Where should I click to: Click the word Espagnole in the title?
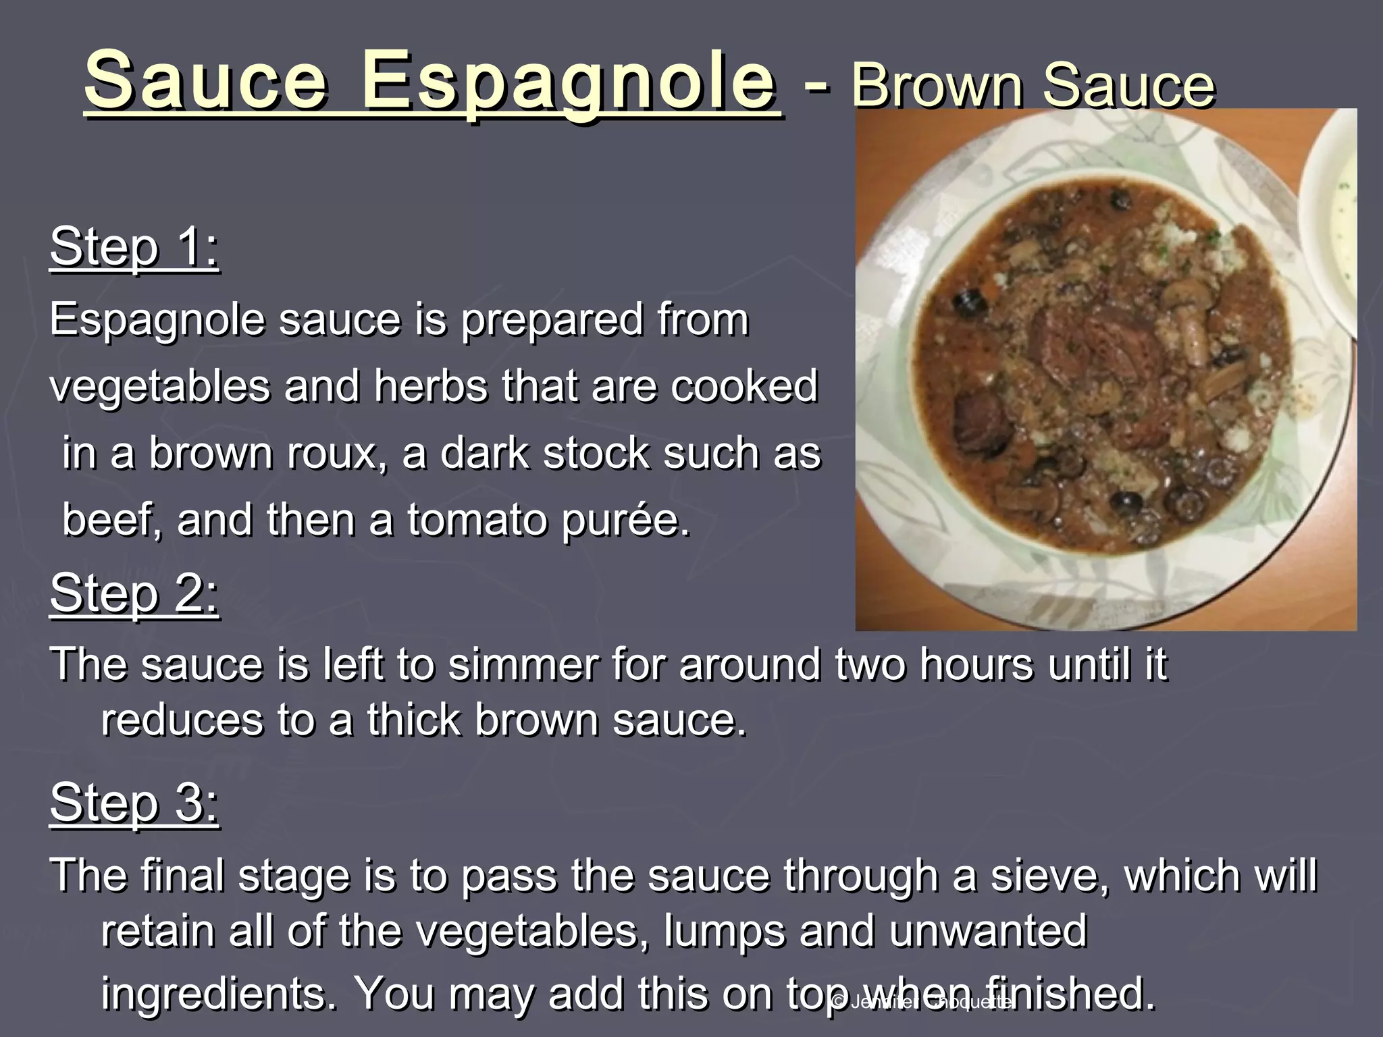click(x=568, y=83)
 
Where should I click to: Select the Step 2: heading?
click(x=134, y=593)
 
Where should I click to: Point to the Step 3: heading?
click(x=134, y=802)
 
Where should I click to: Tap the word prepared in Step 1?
click(x=552, y=319)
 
